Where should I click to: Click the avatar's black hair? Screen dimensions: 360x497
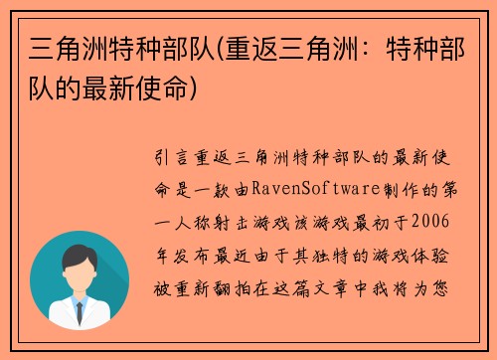pos(80,256)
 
